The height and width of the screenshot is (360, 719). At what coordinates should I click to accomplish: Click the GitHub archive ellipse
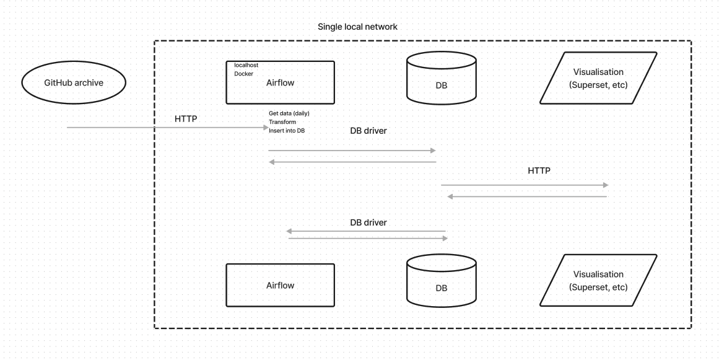pos(74,82)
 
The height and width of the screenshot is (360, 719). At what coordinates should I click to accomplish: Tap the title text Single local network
pos(357,27)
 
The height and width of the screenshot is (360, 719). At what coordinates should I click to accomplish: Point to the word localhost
pos(246,64)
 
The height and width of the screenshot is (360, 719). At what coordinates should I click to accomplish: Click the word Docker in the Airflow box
pos(243,74)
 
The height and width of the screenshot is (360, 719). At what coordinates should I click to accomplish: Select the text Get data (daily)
pos(289,113)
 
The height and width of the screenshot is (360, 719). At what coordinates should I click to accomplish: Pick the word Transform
pos(282,122)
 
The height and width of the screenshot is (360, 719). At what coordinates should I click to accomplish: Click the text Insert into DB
pos(287,131)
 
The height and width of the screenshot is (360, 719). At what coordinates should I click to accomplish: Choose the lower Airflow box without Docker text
pos(280,286)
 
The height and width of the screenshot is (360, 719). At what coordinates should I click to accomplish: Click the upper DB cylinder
pos(442,81)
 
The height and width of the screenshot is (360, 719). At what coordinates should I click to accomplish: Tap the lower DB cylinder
pos(442,282)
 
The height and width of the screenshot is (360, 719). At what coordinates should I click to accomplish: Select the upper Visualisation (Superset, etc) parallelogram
pos(598,78)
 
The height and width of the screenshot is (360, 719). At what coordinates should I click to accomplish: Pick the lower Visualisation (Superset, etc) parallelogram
pos(598,281)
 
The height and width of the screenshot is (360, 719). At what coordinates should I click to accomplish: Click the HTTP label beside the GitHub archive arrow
pos(186,118)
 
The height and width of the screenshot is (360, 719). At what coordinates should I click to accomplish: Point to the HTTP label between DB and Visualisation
pos(539,170)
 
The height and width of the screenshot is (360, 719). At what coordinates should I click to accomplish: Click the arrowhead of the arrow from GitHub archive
pos(266,128)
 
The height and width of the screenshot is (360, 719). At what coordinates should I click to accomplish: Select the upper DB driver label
pos(368,131)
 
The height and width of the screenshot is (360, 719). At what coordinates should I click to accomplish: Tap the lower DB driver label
pos(368,222)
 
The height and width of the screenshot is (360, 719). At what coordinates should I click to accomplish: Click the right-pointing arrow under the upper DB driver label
pos(352,151)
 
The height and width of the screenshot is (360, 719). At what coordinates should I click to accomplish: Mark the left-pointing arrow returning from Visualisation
pos(527,196)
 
